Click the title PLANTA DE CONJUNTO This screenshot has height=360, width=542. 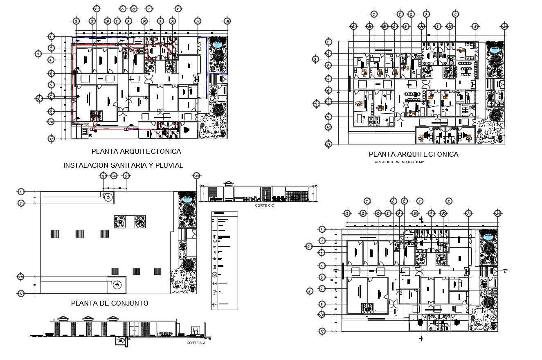point(109,303)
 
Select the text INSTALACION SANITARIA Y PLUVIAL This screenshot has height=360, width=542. point(123,165)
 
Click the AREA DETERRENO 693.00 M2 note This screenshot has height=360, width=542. point(399,162)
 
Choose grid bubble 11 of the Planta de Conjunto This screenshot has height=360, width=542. point(21,293)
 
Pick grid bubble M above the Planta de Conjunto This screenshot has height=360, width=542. point(197,176)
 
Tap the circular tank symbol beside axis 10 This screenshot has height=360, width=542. point(117,285)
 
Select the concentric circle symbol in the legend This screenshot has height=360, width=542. point(214,274)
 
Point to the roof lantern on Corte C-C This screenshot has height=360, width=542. point(229,183)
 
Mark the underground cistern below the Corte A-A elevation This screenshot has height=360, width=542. point(120,341)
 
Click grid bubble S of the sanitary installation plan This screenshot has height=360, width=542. point(39,98)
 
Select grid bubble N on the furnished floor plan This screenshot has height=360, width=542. point(475,27)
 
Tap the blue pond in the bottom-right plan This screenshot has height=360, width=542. point(488,236)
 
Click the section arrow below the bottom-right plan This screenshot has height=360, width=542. point(421,337)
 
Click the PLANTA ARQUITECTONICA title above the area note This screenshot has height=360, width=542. point(413,154)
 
